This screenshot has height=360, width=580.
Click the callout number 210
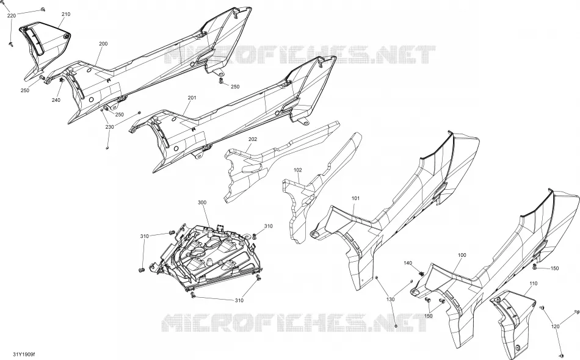66,15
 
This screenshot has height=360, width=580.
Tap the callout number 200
103,43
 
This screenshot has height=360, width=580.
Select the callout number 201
192,98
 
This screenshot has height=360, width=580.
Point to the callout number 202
253,139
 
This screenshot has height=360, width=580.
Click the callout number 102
298,170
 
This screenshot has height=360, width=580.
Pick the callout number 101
355,198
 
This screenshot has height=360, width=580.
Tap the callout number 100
462,255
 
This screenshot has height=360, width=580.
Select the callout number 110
533,284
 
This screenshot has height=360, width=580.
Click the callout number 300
202,203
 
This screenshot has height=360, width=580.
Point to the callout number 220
12,15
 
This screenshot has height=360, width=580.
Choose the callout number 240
56,100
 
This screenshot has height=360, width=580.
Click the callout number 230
109,127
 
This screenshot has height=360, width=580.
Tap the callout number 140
407,263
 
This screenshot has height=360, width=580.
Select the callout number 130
391,299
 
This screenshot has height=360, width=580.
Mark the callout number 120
555,326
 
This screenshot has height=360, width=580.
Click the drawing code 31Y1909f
24,354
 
